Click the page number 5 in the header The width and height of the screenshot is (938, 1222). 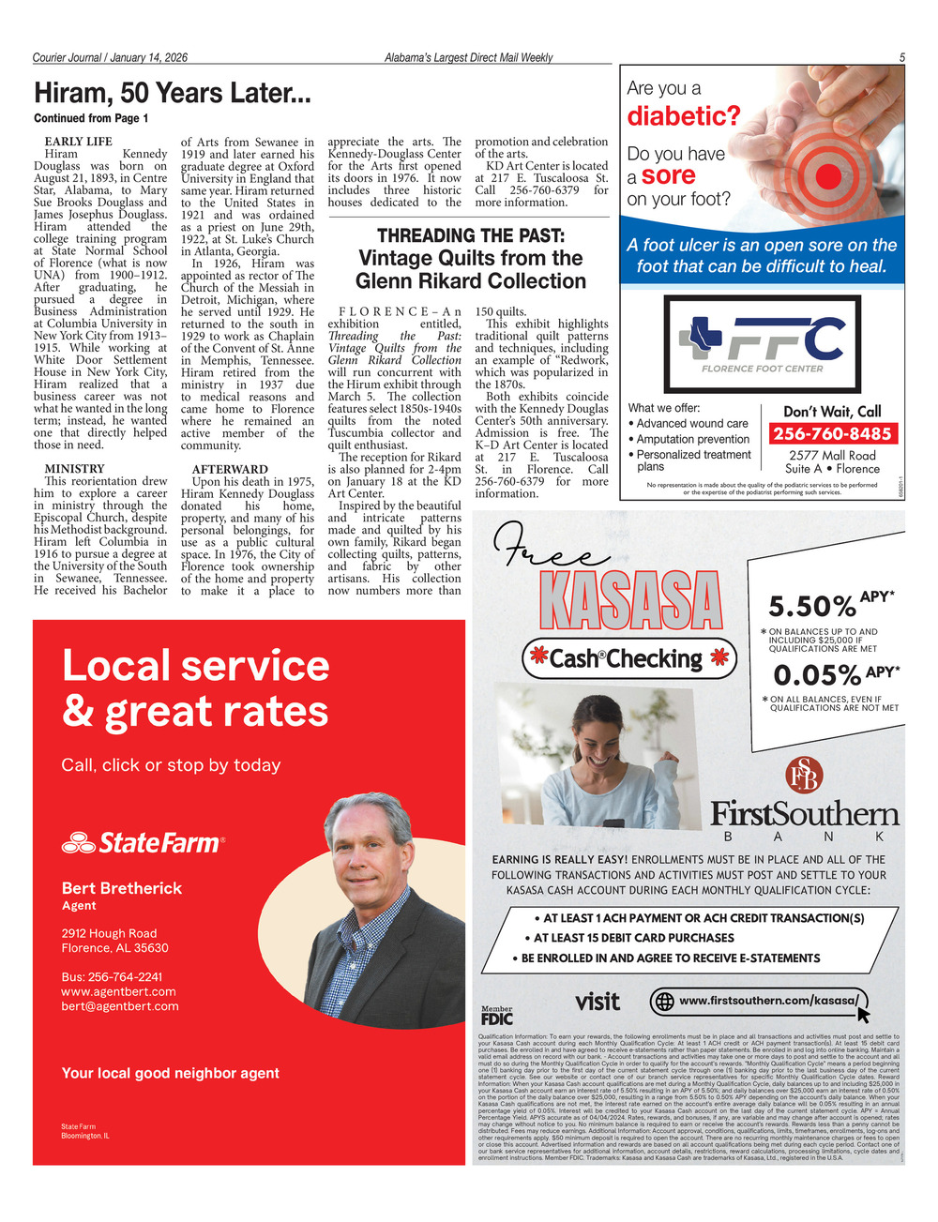(x=901, y=57)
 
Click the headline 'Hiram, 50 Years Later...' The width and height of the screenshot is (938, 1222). (x=172, y=94)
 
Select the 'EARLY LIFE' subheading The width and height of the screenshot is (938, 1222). (x=78, y=142)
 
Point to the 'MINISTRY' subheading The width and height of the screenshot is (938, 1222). (x=74, y=469)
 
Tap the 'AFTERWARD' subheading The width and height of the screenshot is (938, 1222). (x=230, y=469)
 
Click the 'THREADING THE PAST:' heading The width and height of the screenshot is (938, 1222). (x=470, y=235)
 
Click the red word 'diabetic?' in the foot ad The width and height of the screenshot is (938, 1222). (x=683, y=116)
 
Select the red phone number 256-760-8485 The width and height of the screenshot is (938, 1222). (x=831, y=433)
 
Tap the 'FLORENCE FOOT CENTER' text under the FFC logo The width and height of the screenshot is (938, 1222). (x=762, y=369)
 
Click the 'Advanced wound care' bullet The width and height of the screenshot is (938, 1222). (x=692, y=424)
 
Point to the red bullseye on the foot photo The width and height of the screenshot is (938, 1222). (x=827, y=175)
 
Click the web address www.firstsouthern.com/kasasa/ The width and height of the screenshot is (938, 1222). (x=767, y=1001)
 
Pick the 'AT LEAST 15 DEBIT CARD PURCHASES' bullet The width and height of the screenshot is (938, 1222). (x=633, y=938)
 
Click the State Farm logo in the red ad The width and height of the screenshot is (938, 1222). (x=144, y=843)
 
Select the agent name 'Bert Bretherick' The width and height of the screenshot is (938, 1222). (x=121, y=888)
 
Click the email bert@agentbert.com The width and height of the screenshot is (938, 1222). (x=119, y=1006)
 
